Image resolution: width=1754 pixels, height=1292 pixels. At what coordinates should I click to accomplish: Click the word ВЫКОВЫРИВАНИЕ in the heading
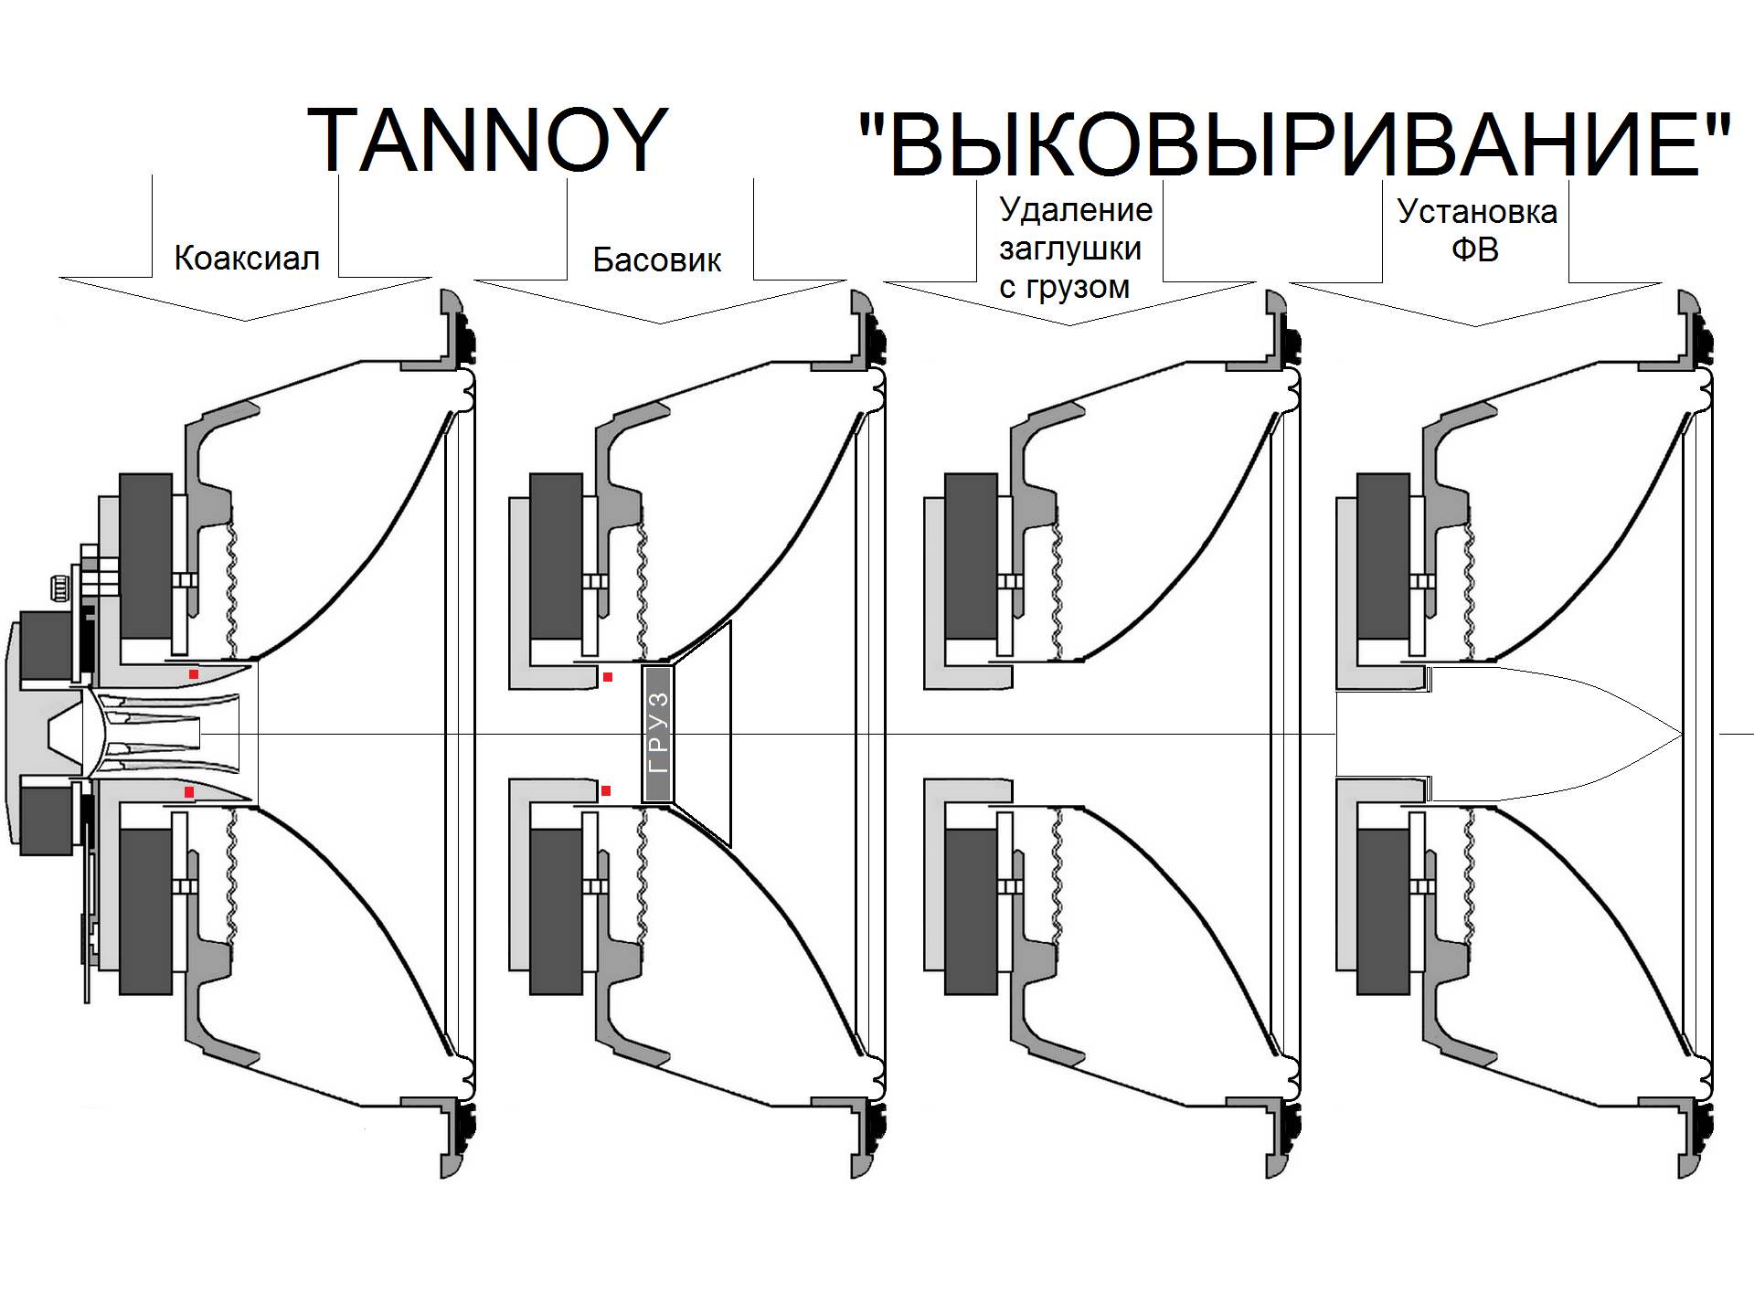[1294, 146]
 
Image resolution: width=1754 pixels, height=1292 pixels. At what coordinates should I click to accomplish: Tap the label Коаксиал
[247, 259]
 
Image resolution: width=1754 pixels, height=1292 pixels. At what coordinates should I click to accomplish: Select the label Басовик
[656, 260]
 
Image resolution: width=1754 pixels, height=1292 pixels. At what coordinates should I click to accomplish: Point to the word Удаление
[1075, 210]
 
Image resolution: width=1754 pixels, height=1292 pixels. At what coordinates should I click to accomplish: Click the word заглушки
[1069, 249]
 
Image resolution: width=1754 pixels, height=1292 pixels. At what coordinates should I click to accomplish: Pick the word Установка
[1476, 212]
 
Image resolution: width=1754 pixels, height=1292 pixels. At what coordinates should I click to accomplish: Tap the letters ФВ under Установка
[1474, 249]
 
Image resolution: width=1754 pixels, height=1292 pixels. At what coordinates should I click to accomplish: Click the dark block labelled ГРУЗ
[658, 734]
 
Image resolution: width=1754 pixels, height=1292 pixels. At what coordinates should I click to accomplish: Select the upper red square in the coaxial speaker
[194, 674]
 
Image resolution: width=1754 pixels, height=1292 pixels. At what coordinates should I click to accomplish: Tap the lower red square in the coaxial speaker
[189, 791]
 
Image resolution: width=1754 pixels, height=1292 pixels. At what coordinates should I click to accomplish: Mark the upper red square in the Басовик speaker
[608, 677]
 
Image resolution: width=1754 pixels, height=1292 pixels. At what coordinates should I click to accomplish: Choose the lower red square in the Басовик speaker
[606, 790]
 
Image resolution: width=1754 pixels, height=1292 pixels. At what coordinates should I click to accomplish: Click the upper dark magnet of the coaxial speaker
[145, 556]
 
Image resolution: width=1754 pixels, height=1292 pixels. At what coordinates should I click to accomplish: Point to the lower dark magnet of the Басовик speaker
[556, 911]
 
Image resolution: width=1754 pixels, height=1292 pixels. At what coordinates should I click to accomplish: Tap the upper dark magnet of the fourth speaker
[1383, 556]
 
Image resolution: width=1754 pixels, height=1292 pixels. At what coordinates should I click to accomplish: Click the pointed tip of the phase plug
[1680, 734]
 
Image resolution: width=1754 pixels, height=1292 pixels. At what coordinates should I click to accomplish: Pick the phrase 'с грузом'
[1064, 287]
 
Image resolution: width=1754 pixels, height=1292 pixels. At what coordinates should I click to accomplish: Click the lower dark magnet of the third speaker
[971, 911]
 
